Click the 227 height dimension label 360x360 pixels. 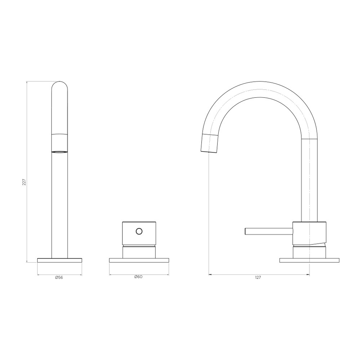pyautogui.click(x=24, y=182)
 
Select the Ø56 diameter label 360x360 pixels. pyautogui.click(x=59, y=277)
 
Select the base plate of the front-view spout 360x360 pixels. pyautogui.click(x=60, y=260)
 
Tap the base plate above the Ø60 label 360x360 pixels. pyautogui.click(x=139, y=260)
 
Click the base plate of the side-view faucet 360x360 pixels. pyautogui.click(x=309, y=260)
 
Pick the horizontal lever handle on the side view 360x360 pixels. pyautogui.click(x=268, y=231)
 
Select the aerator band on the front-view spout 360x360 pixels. pyautogui.click(x=60, y=143)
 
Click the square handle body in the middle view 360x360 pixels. pyautogui.click(x=139, y=233)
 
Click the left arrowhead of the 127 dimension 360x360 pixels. pyautogui.click(x=210, y=275)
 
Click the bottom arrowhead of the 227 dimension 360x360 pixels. pyautogui.click(x=27, y=261)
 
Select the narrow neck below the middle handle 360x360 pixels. pyautogui.click(x=139, y=252)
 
